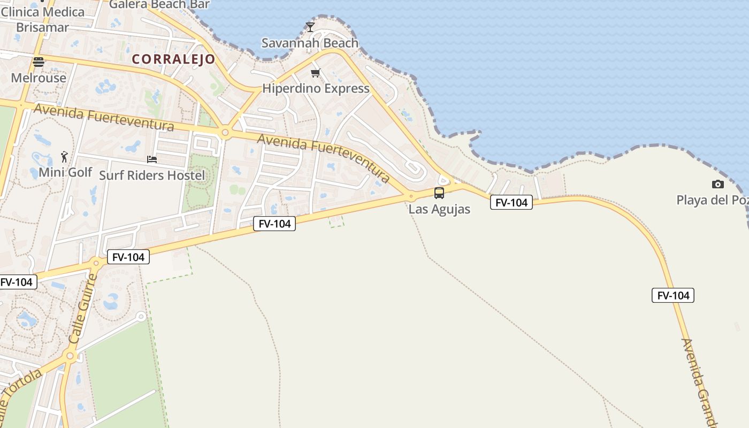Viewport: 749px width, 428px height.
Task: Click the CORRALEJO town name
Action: point(173,59)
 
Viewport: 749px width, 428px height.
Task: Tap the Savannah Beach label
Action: point(310,43)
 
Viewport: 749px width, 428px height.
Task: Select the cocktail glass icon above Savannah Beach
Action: point(310,27)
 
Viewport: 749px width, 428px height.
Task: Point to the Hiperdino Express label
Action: point(316,88)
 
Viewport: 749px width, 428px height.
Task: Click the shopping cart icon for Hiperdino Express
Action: point(316,73)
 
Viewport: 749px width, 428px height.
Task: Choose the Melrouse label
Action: point(39,78)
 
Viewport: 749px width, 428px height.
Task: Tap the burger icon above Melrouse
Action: point(39,62)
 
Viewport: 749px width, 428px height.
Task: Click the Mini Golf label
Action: point(65,172)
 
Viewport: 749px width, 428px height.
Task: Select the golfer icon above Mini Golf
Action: point(65,157)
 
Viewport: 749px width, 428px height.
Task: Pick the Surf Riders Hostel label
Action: point(152,175)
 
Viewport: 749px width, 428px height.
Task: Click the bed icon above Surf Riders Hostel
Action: point(152,159)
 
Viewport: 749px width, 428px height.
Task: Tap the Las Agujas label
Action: point(439,209)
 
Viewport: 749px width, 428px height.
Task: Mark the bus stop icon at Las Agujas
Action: point(439,193)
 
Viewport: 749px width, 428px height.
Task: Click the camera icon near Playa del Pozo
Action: point(718,185)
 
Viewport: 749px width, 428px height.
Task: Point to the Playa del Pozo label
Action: point(712,200)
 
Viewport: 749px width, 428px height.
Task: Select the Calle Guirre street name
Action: point(84,309)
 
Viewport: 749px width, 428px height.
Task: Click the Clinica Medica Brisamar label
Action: point(43,19)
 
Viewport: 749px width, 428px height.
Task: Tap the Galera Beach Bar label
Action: point(159,5)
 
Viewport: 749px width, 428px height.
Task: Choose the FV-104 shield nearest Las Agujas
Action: point(511,202)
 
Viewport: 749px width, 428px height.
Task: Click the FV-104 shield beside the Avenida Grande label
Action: point(673,295)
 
